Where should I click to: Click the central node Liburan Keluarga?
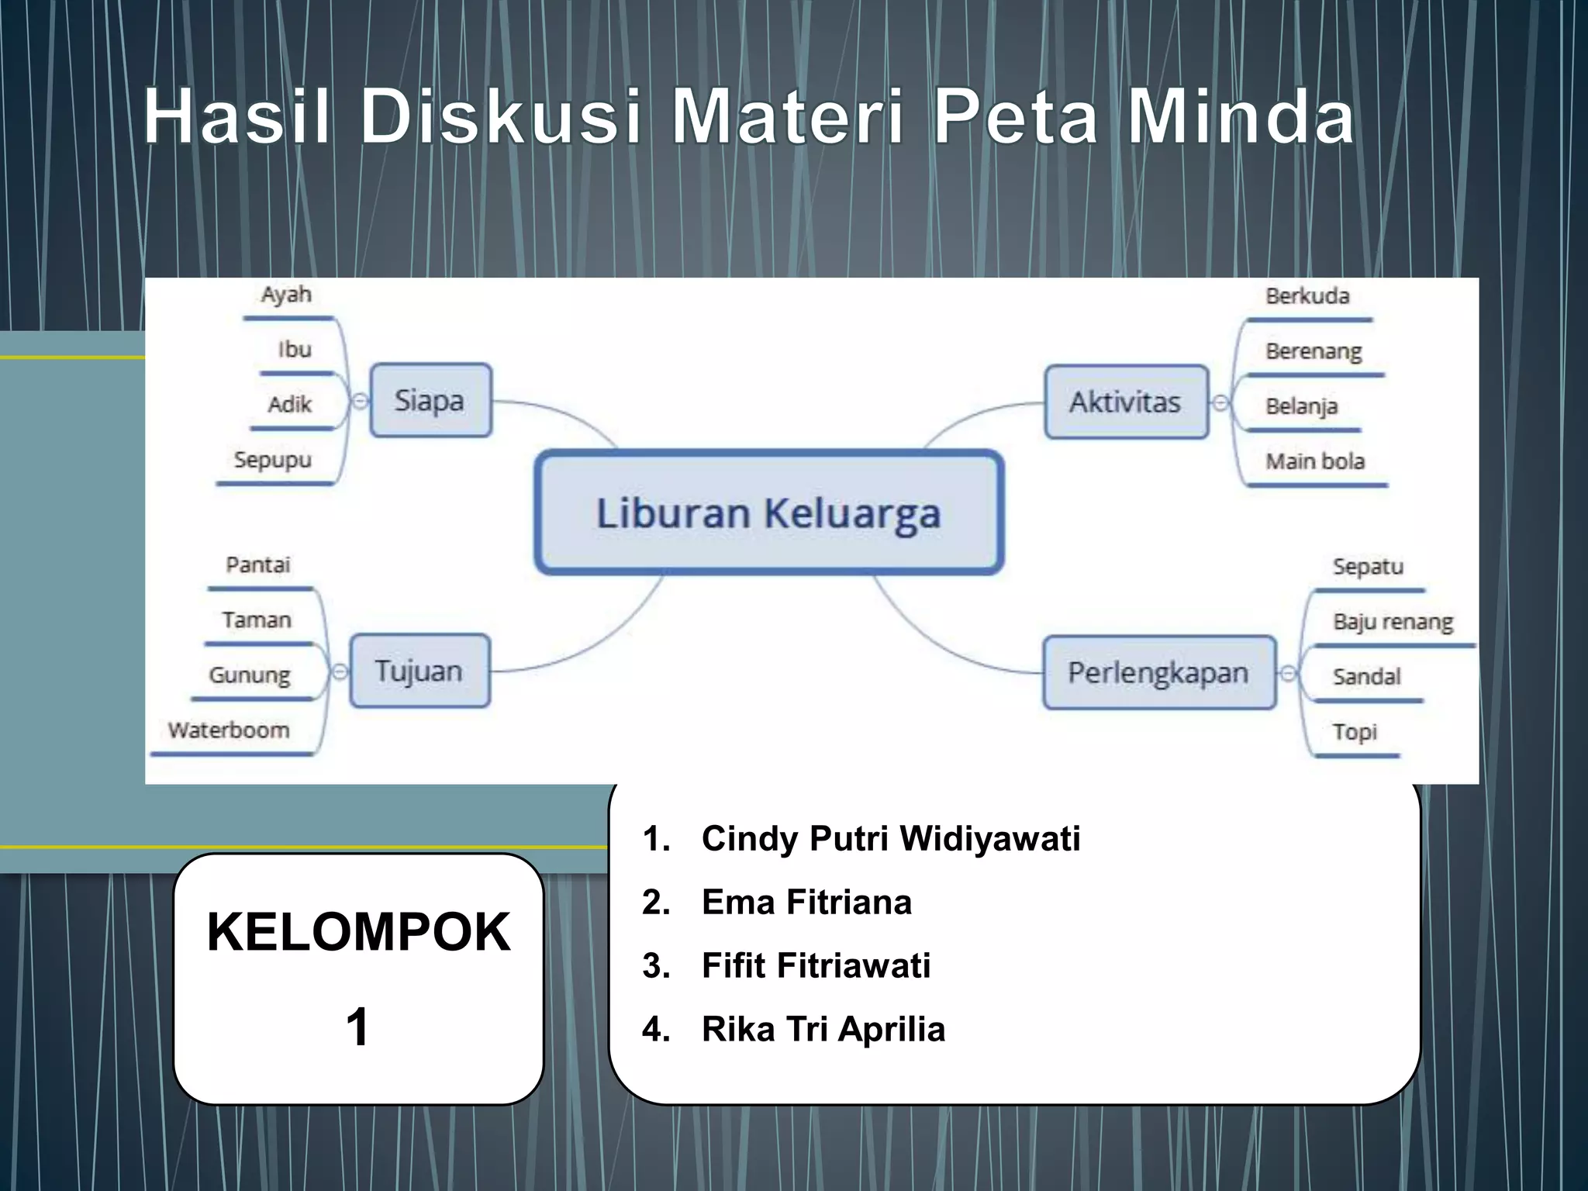[x=768, y=513]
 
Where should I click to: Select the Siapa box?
[x=430, y=401]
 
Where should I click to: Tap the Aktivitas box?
[x=1126, y=402]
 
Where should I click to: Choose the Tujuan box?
[x=419, y=671]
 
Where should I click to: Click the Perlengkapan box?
[x=1158, y=672]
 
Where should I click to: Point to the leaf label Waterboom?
[x=229, y=730]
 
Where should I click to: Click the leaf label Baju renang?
[x=1393, y=622]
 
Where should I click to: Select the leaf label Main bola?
[x=1315, y=461]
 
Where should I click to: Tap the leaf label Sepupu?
[x=273, y=460]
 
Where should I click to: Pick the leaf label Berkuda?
[x=1307, y=296]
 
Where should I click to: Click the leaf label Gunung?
[x=250, y=675]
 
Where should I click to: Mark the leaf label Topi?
[x=1355, y=732]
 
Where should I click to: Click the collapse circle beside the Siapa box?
[x=361, y=401]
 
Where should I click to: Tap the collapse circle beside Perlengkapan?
[x=1288, y=673]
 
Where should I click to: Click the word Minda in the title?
[x=1241, y=117]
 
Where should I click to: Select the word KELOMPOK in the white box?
[x=358, y=932]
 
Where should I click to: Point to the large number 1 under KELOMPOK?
[x=357, y=1027]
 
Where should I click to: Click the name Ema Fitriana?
[x=806, y=903]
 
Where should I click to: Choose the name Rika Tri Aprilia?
[x=823, y=1030]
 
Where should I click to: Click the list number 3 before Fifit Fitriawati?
[x=655, y=966]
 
